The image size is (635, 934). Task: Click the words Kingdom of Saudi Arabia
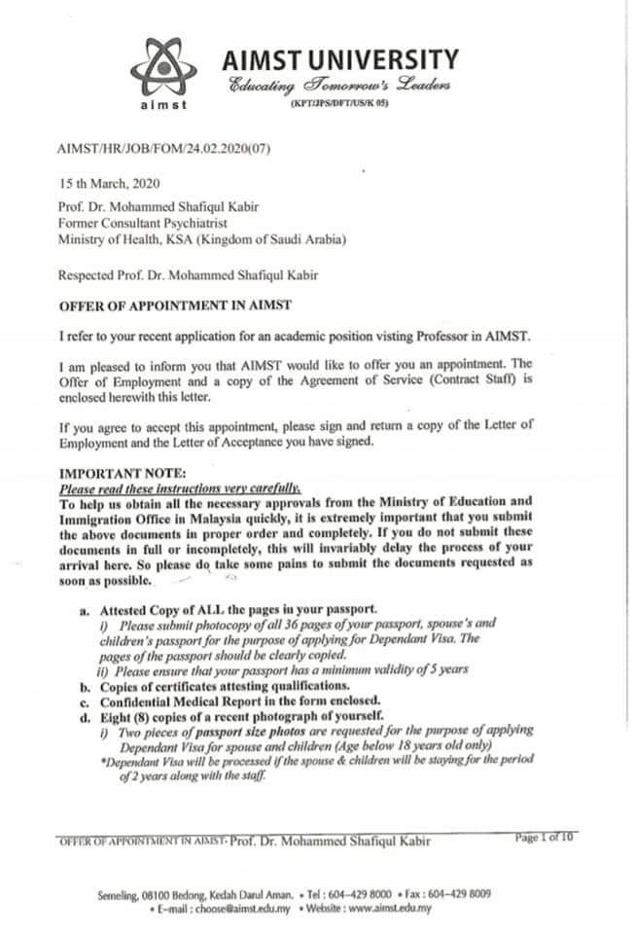click(x=258, y=238)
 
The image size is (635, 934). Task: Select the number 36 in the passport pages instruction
click(x=300, y=623)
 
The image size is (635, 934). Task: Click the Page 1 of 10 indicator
click(x=544, y=838)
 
